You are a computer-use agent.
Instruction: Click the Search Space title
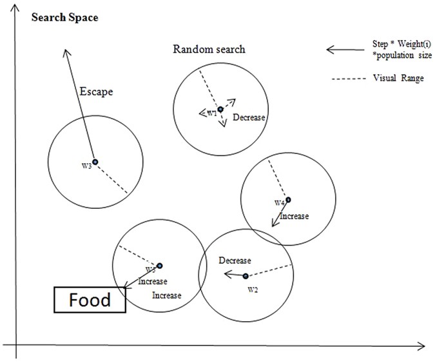pyautogui.click(x=65, y=17)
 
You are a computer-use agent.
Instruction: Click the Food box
pyautogui.click(x=90, y=300)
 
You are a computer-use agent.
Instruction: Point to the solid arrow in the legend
pyautogui.click(x=345, y=49)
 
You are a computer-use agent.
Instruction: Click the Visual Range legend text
pyautogui.click(x=398, y=79)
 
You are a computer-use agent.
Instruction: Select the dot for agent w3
pyautogui.click(x=94, y=162)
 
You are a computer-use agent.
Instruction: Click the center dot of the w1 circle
pyautogui.click(x=220, y=110)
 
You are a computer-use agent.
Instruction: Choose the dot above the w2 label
pyautogui.click(x=246, y=276)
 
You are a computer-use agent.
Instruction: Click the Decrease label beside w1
pyautogui.click(x=249, y=117)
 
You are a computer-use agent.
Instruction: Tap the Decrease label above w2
pyautogui.click(x=235, y=260)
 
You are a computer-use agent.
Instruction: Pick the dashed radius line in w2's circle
pyautogui.click(x=269, y=270)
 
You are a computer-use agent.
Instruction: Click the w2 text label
pyautogui.click(x=253, y=289)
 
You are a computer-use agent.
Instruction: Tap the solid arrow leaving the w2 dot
pyautogui.click(x=233, y=275)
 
